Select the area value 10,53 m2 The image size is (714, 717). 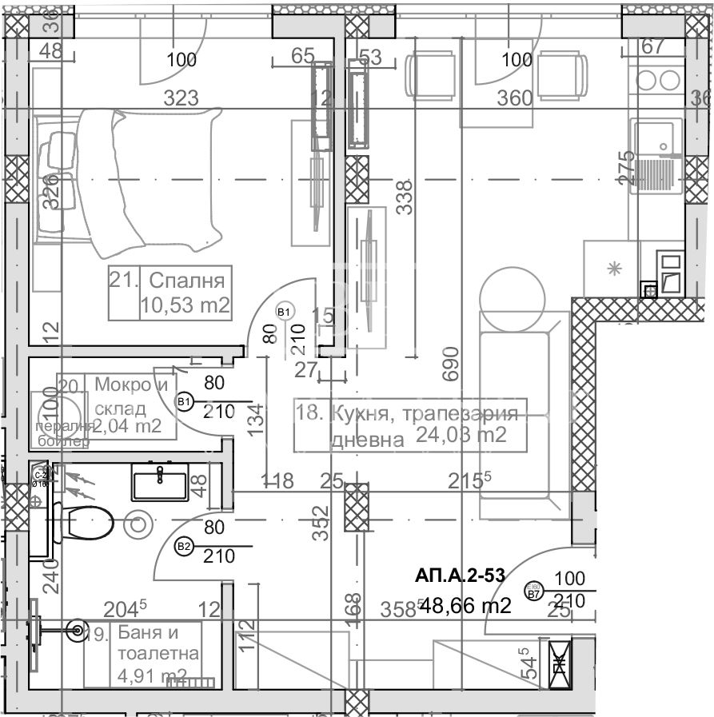click(185, 305)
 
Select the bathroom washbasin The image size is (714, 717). click(160, 483)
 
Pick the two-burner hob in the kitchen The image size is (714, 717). click(656, 80)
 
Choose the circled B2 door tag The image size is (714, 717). click(184, 547)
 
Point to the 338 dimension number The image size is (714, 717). click(405, 195)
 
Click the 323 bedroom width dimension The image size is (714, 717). click(181, 98)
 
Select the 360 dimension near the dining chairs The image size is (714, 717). click(514, 98)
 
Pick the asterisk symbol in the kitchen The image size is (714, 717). click(615, 269)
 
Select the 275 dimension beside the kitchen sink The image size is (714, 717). click(626, 168)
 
